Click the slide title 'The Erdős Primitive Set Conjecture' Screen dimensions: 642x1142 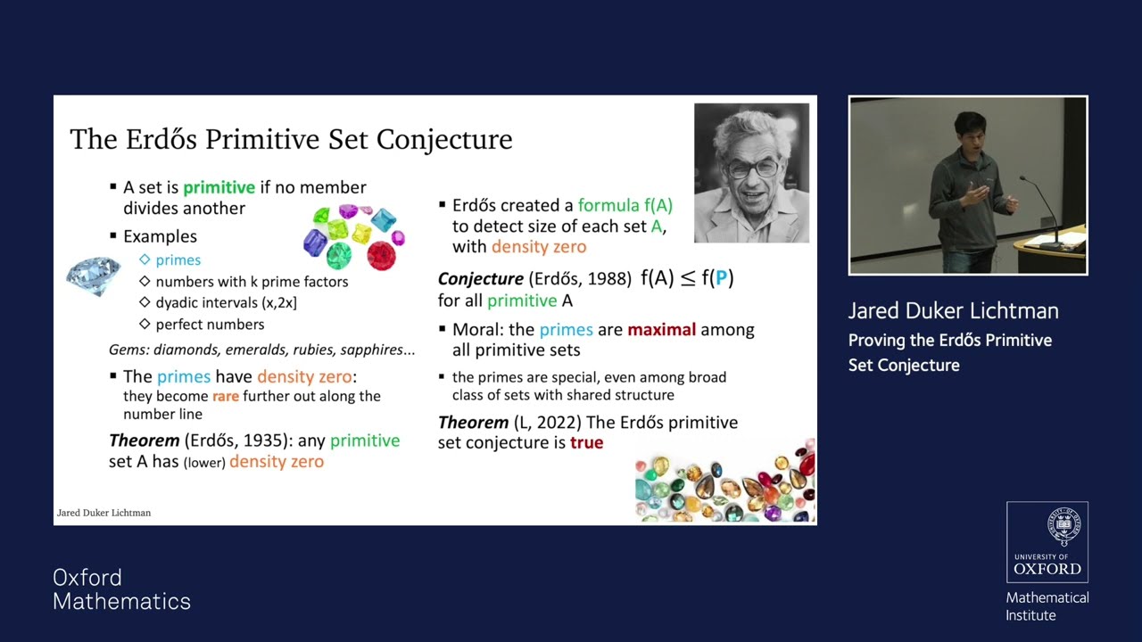pyautogui.click(x=291, y=139)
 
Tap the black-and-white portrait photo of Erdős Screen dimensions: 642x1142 pyautogui.click(x=751, y=173)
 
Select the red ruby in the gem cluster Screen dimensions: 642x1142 pyautogui.click(x=381, y=256)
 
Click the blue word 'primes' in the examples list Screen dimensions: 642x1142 pyautogui.click(x=178, y=260)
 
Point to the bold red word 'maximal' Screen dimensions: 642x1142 pyautogui.click(x=661, y=330)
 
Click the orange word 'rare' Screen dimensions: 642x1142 pyautogui.click(x=225, y=396)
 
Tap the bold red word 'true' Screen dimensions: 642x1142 pyautogui.click(x=586, y=442)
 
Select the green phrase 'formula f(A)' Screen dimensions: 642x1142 pyautogui.click(x=625, y=205)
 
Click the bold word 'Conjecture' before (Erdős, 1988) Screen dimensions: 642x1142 pyautogui.click(x=480, y=278)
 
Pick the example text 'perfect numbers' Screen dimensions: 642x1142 pyautogui.click(x=210, y=325)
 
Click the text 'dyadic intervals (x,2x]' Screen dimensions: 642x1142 pyautogui.click(x=226, y=303)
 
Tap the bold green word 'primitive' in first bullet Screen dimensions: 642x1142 pyautogui.click(x=219, y=187)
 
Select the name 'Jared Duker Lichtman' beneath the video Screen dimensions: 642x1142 pyautogui.click(x=953, y=311)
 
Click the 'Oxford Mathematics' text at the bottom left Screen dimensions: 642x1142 pyautogui.click(x=121, y=589)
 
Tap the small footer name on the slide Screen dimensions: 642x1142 pyautogui.click(x=103, y=513)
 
